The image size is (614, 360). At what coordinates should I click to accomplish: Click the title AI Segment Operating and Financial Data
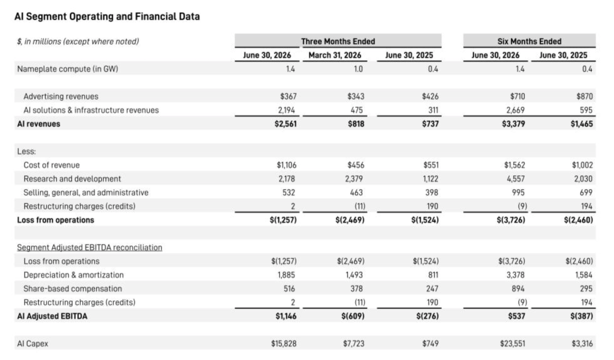point(107,16)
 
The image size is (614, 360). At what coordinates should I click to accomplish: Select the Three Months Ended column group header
point(338,41)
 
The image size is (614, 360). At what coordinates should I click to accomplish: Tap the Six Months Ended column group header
point(529,41)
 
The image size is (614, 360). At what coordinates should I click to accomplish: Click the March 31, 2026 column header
point(335,55)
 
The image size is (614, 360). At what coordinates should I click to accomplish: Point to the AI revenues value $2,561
point(285,124)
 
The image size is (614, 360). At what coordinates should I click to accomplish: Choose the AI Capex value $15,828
point(284,344)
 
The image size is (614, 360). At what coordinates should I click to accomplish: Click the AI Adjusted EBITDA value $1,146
point(286,316)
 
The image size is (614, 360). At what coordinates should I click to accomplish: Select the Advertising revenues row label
point(61,96)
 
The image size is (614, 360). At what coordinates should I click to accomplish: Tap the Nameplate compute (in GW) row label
point(67,69)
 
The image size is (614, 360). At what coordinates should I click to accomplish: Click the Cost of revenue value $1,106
point(287,165)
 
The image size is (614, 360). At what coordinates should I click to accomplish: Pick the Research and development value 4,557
point(515,179)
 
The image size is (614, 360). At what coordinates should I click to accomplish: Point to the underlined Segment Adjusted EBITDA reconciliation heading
point(89,247)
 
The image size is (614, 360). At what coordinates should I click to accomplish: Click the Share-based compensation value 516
point(289,289)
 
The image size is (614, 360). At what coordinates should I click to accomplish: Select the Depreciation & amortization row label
point(73,275)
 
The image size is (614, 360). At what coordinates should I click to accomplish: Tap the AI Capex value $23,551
point(513,344)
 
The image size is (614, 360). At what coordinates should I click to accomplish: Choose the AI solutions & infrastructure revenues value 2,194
point(287,110)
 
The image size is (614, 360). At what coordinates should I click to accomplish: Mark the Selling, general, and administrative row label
point(86,192)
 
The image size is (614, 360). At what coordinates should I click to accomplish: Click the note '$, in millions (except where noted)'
point(77,42)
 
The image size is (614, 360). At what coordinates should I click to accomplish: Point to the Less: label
point(26,151)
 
